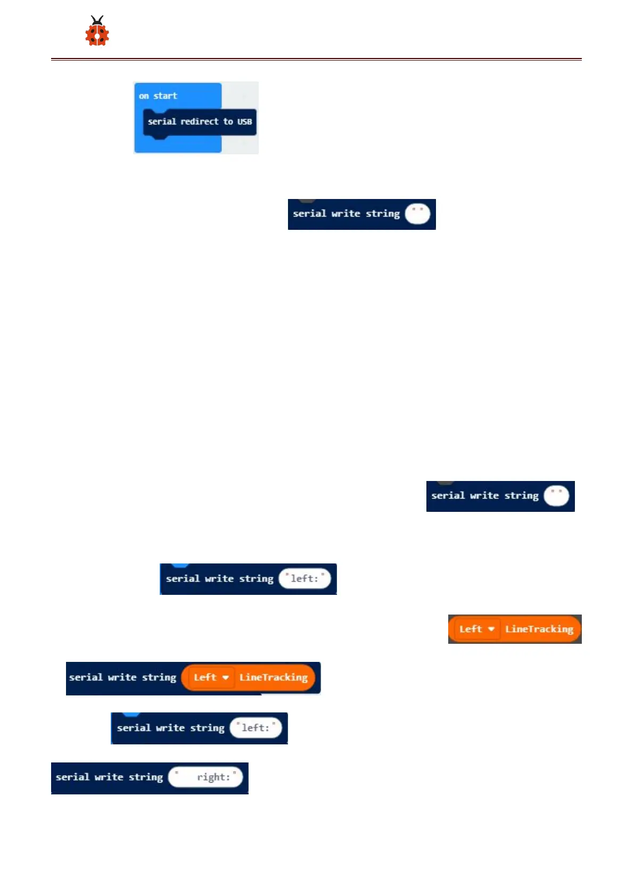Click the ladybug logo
click(x=97, y=31)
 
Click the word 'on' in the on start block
click(x=144, y=96)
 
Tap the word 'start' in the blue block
click(x=165, y=96)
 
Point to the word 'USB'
click(x=244, y=122)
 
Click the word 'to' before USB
click(x=228, y=121)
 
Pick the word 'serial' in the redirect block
click(x=162, y=121)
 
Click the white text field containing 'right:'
click(x=205, y=777)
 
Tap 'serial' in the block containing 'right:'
click(x=72, y=777)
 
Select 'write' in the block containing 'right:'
click(x=109, y=777)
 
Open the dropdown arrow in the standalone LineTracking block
click(x=491, y=629)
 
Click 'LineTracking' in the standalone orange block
click(x=539, y=629)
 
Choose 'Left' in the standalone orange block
click(x=471, y=629)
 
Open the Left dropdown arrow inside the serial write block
click(x=226, y=677)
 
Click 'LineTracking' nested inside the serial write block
click(x=274, y=677)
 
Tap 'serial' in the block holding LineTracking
click(x=86, y=677)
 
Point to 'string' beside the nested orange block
click(x=159, y=678)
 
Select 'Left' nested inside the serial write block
click(x=205, y=677)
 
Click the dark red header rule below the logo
click(x=316, y=59)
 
